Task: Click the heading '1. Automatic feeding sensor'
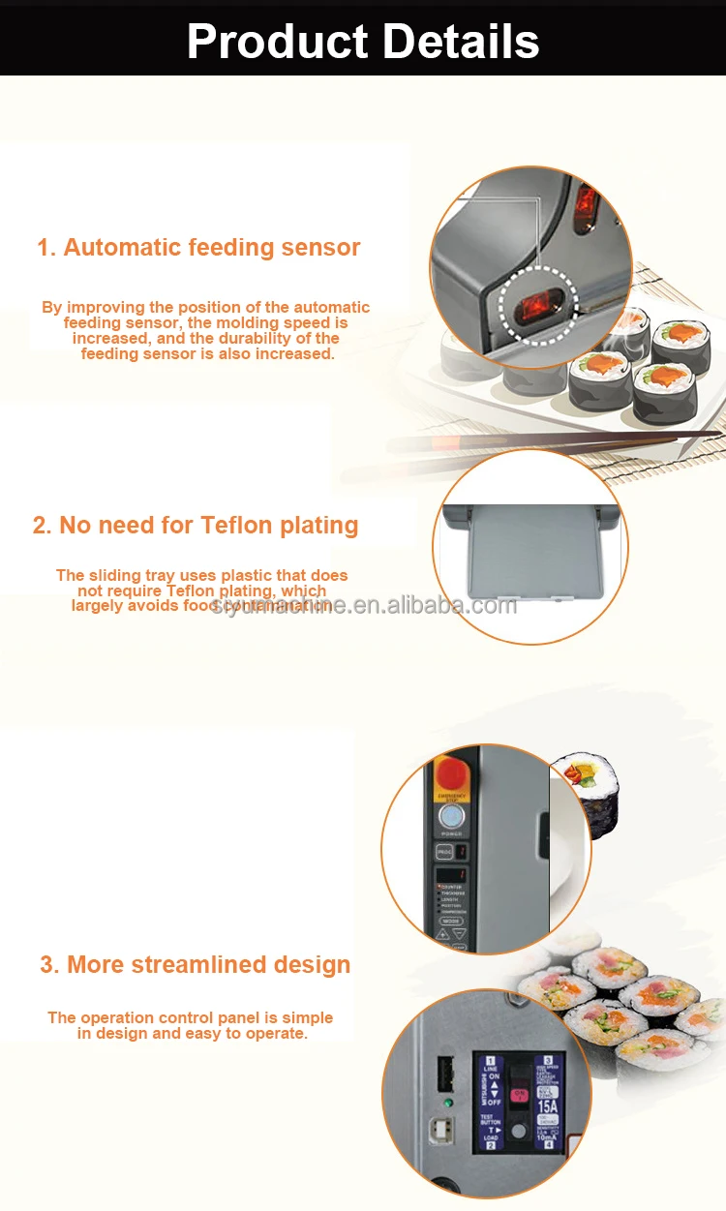click(198, 247)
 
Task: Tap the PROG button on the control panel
click(443, 851)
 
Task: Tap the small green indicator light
click(447, 1102)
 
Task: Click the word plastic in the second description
click(251, 575)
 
